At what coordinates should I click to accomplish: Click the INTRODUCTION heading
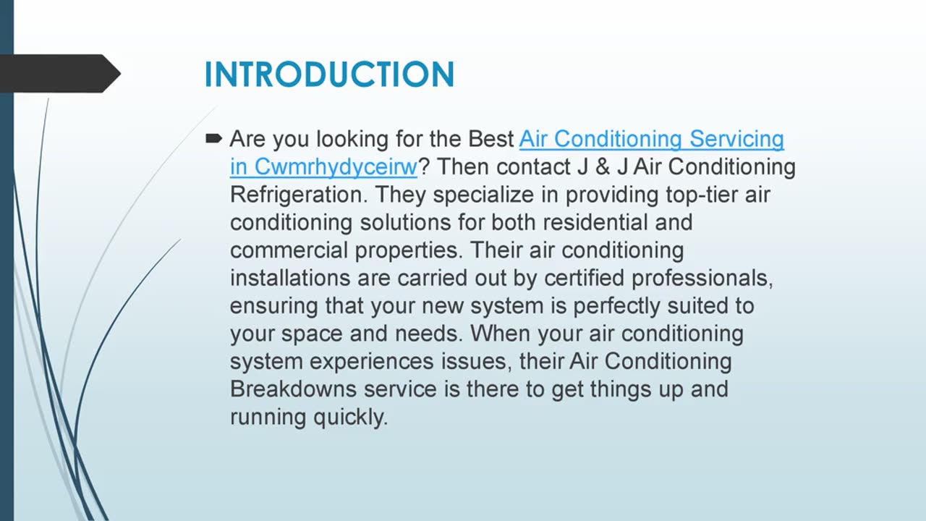329,75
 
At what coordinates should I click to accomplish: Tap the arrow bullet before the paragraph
213,137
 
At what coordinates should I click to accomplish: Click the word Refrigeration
299,195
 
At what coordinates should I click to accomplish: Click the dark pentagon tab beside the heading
58,73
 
